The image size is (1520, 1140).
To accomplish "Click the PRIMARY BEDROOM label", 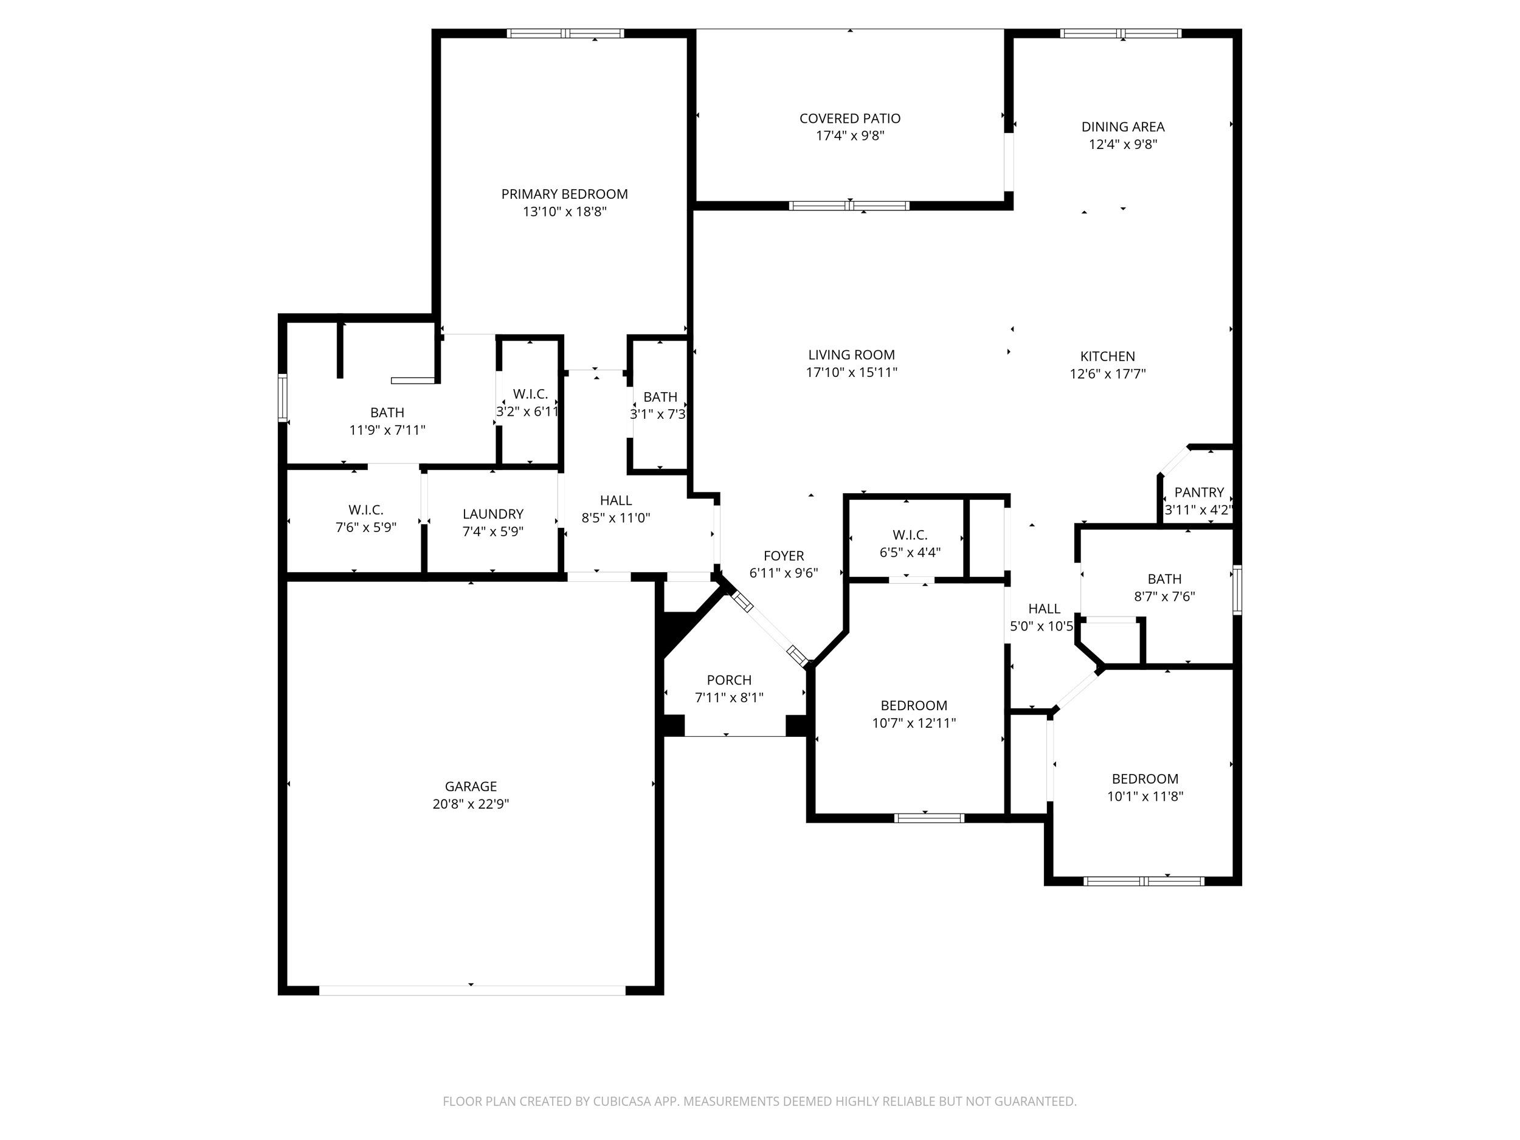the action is (x=564, y=195).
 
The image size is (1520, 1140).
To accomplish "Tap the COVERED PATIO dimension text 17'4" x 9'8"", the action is (x=850, y=136).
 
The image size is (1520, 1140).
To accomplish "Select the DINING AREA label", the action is (x=1123, y=127).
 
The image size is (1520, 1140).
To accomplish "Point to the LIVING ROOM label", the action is (x=851, y=355).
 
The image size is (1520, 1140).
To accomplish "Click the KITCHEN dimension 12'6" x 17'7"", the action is (x=1108, y=374).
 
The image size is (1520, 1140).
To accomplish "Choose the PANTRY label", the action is (x=1199, y=492).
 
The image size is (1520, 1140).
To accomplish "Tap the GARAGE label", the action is (x=471, y=787).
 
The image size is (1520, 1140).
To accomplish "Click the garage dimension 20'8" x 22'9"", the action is (x=471, y=804).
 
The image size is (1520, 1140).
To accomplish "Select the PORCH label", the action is (x=729, y=680).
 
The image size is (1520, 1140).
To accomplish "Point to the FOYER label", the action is (x=783, y=556).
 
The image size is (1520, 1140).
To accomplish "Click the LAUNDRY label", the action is (x=492, y=514).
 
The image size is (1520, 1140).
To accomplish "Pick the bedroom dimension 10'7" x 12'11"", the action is (x=914, y=723).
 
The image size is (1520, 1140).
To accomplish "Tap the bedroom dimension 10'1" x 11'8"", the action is (x=1145, y=796).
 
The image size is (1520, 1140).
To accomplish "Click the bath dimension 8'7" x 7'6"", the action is (x=1164, y=596).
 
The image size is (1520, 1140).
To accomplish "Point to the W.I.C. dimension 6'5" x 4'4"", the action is (x=910, y=553).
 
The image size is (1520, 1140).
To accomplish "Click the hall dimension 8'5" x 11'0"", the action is (x=616, y=518).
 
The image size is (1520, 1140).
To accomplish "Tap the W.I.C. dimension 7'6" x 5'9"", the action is (x=365, y=528).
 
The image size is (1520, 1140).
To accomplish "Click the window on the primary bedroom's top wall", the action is (x=565, y=33).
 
